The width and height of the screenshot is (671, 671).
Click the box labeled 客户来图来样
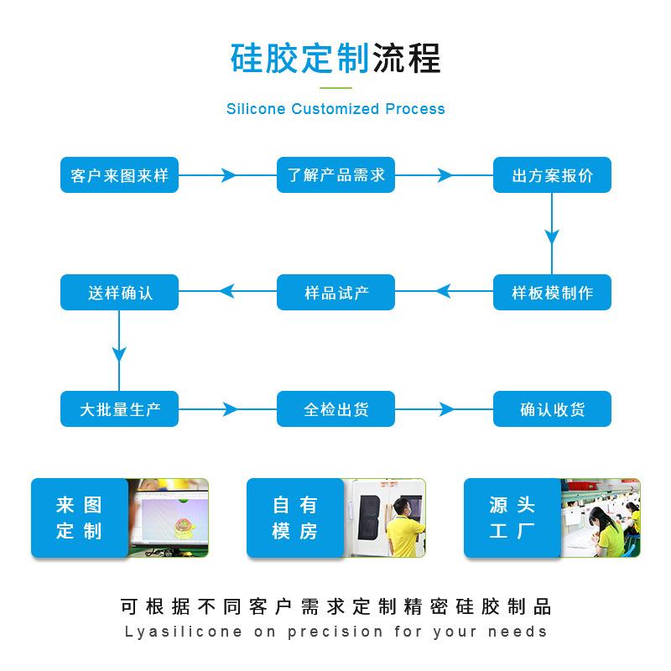[x=119, y=175]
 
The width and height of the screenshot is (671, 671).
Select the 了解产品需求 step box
[x=335, y=175]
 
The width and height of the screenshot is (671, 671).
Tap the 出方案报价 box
[x=552, y=175]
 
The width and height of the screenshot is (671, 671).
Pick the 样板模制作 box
[x=552, y=293]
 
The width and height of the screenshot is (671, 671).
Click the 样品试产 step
[x=335, y=293]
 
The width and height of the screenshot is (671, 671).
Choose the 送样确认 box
[x=119, y=293]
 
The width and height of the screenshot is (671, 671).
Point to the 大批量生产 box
[x=119, y=410]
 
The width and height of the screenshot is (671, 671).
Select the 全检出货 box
[x=335, y=410]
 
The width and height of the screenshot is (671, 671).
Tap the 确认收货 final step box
[x=552, y=410]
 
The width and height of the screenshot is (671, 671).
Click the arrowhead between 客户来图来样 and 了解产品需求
[x=228, y=175]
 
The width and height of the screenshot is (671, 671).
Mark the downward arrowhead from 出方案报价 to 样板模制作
[x=552, y=234]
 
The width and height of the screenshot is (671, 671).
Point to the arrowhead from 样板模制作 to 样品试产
[x=444, y=293]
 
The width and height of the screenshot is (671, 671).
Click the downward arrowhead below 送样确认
[x=119, y=351]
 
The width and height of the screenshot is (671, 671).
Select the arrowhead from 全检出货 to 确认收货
[x=444, y=410]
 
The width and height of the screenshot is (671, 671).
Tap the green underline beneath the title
[x=335, y=86]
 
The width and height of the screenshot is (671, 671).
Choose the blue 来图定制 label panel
[x=79, y=518]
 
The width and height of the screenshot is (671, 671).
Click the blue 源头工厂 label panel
[x=512, y=518]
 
